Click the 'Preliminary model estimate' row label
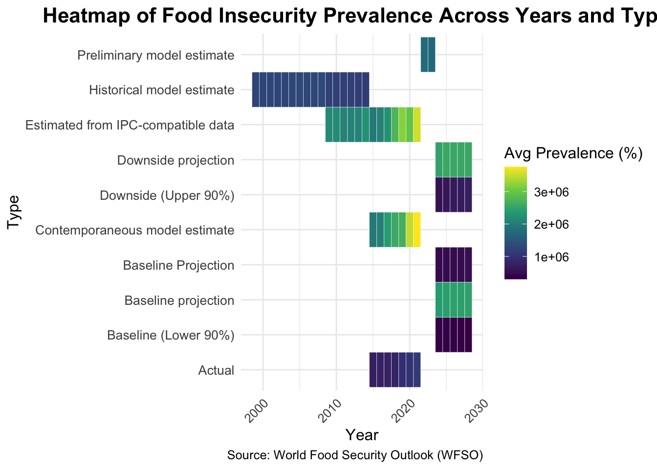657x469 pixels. tap(155, 55)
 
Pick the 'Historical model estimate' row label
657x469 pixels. tap(161, 90)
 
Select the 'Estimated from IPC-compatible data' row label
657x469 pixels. tap(130, 125)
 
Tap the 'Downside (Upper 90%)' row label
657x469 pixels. tap(167, 195)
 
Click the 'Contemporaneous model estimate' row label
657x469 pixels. tap(135, 230)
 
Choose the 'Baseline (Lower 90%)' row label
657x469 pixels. tap(170, 336)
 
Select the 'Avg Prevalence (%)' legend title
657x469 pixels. tap(573, 153)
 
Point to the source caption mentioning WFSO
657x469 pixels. tap(355, 455)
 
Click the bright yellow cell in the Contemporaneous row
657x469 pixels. tap(417, 230)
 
